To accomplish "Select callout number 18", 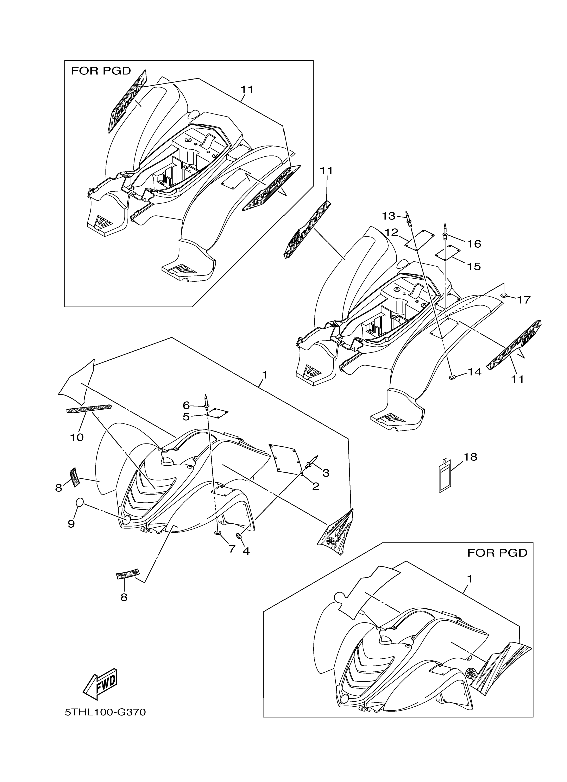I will coord(470,457).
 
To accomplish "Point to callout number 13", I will coord(388,216).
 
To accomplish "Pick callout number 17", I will coord(523,300).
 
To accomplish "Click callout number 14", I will coord(474,372).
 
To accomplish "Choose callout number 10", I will coord(77,437).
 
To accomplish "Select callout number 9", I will coord(71,524).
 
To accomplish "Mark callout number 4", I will coord(246,551).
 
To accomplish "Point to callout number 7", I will coord(232,548).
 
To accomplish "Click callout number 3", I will coord(326,473).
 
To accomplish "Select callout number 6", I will coord(186,405).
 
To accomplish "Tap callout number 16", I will coord(474,244).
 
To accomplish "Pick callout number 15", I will coord(474,266).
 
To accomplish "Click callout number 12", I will coord(391,232).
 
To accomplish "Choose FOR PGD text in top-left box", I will coord(101,71).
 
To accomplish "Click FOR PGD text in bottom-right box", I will coord(497,553).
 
